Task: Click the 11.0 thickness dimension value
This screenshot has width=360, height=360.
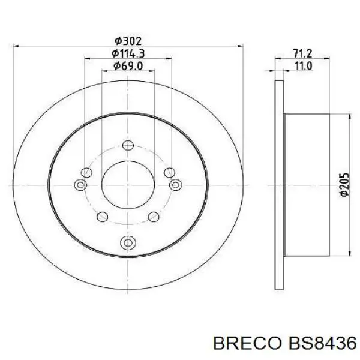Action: [x=302, y=67]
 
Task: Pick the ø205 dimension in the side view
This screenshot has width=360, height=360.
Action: [x=344, y=185]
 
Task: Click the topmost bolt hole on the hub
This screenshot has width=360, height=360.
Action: [x=127, y=145]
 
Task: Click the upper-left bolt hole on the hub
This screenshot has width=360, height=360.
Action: [x=87, y=172]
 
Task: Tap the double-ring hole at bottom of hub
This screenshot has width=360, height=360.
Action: [x=127, y=242]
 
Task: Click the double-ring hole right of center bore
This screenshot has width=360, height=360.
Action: [x=175, y=185]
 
